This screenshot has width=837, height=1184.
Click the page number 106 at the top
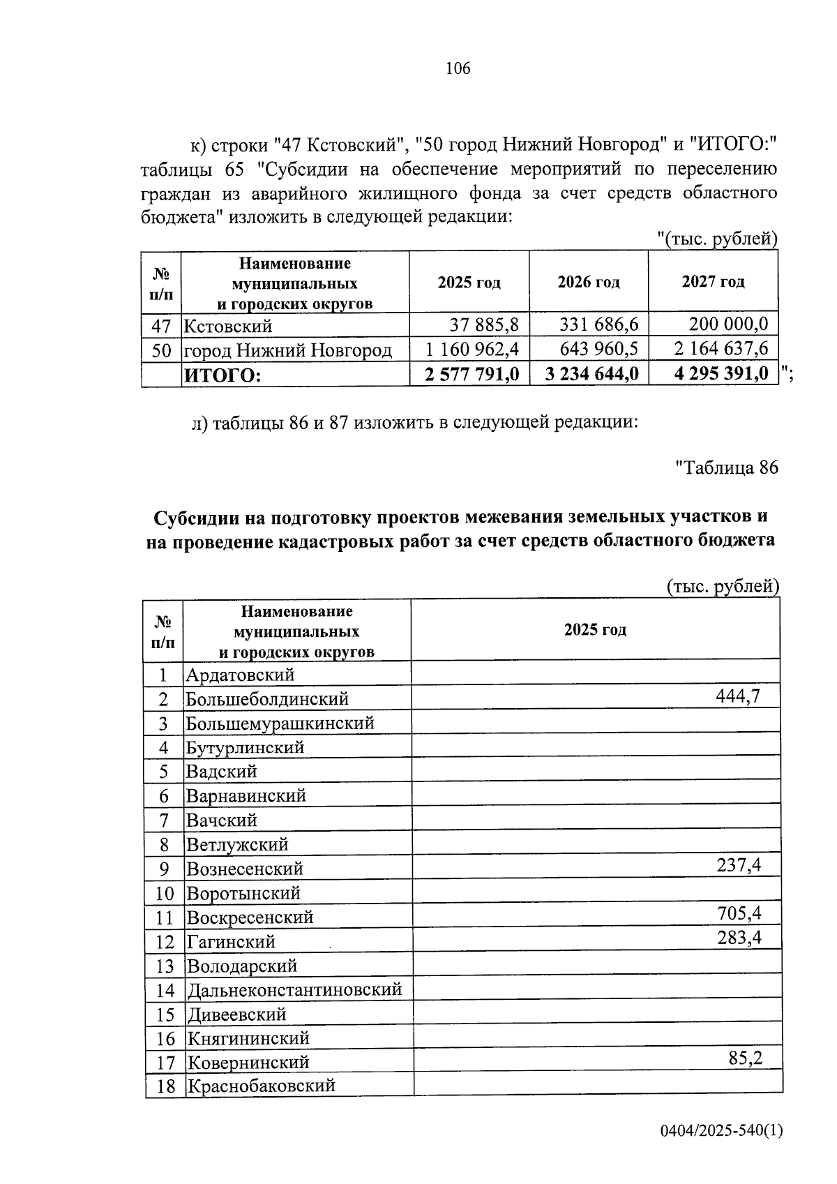(x=458, y=68)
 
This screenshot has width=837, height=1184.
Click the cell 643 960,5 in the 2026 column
(x=599, y=349)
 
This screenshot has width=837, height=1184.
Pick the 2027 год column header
(x=712, y=282)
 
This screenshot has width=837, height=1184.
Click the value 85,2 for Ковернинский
(x=745, y=1058)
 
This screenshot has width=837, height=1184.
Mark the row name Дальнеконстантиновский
(x=294, y=990)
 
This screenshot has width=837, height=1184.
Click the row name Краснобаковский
(x=260, y=1086)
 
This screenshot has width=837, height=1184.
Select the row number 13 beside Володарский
(x=165, y=966)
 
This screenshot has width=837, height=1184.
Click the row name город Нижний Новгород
(x=287, y=350)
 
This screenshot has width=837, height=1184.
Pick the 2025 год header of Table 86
(x=594, y=630)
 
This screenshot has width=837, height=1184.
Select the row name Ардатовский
(x=240, y=675)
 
